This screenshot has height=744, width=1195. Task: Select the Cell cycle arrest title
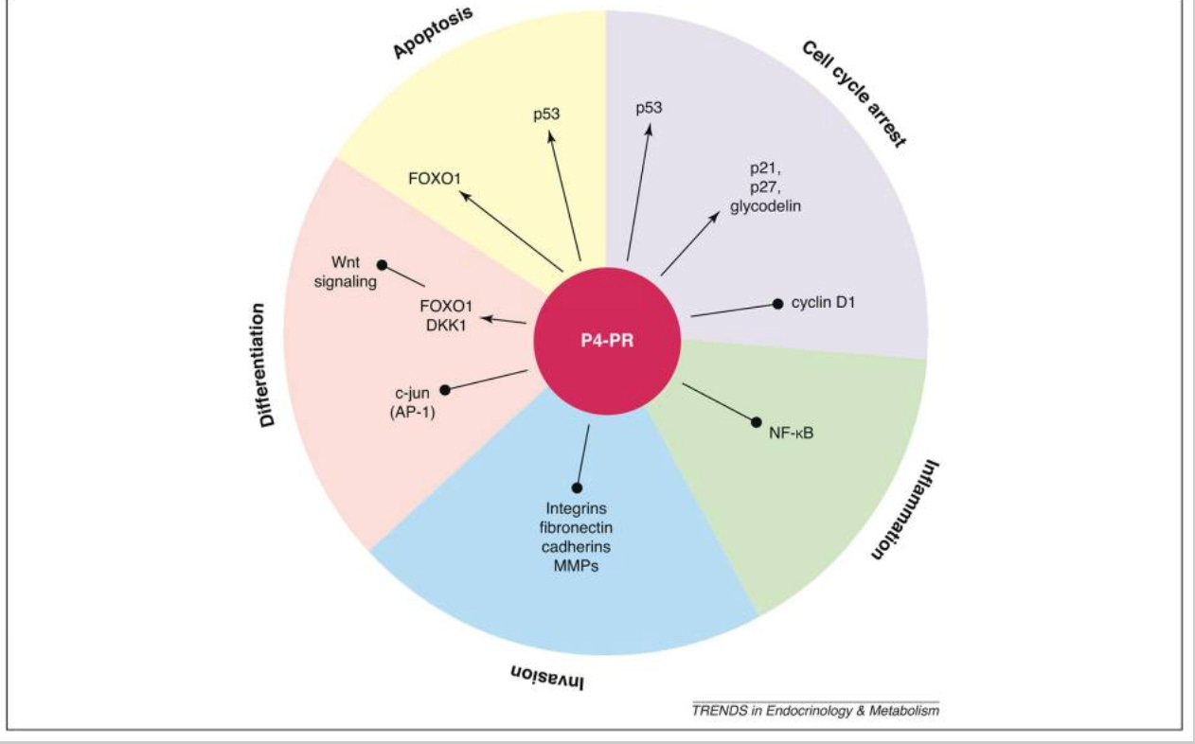pyautogui.click(x=853, y=94)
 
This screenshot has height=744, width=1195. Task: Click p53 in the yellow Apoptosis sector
pyautogui.click(x=545, y=114)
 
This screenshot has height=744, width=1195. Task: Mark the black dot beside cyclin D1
pyautogui.click(x=777, y=304)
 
